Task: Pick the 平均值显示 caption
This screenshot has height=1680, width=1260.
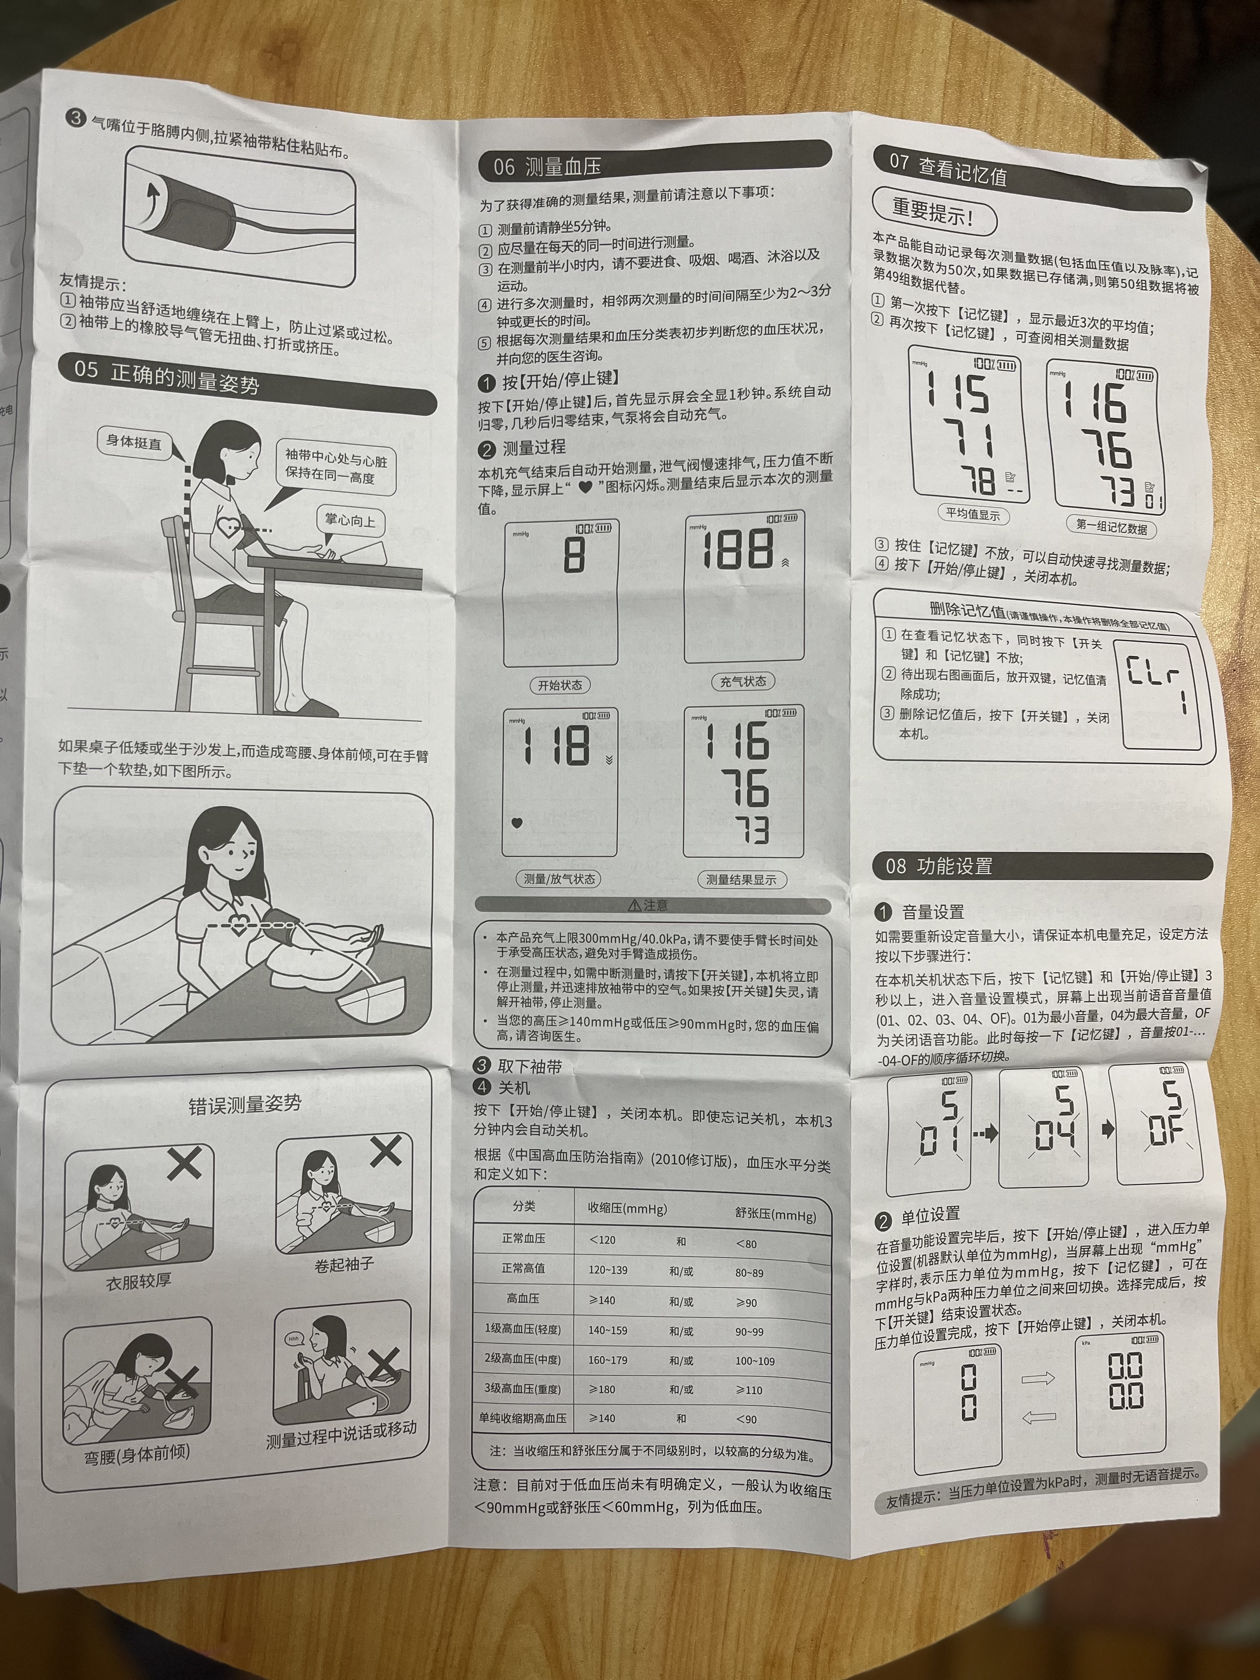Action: [x=972, y=514]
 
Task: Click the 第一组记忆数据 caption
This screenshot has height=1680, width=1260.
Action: [x=1111, y=525]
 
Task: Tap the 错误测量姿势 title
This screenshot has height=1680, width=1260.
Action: [x=245, y=1104]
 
